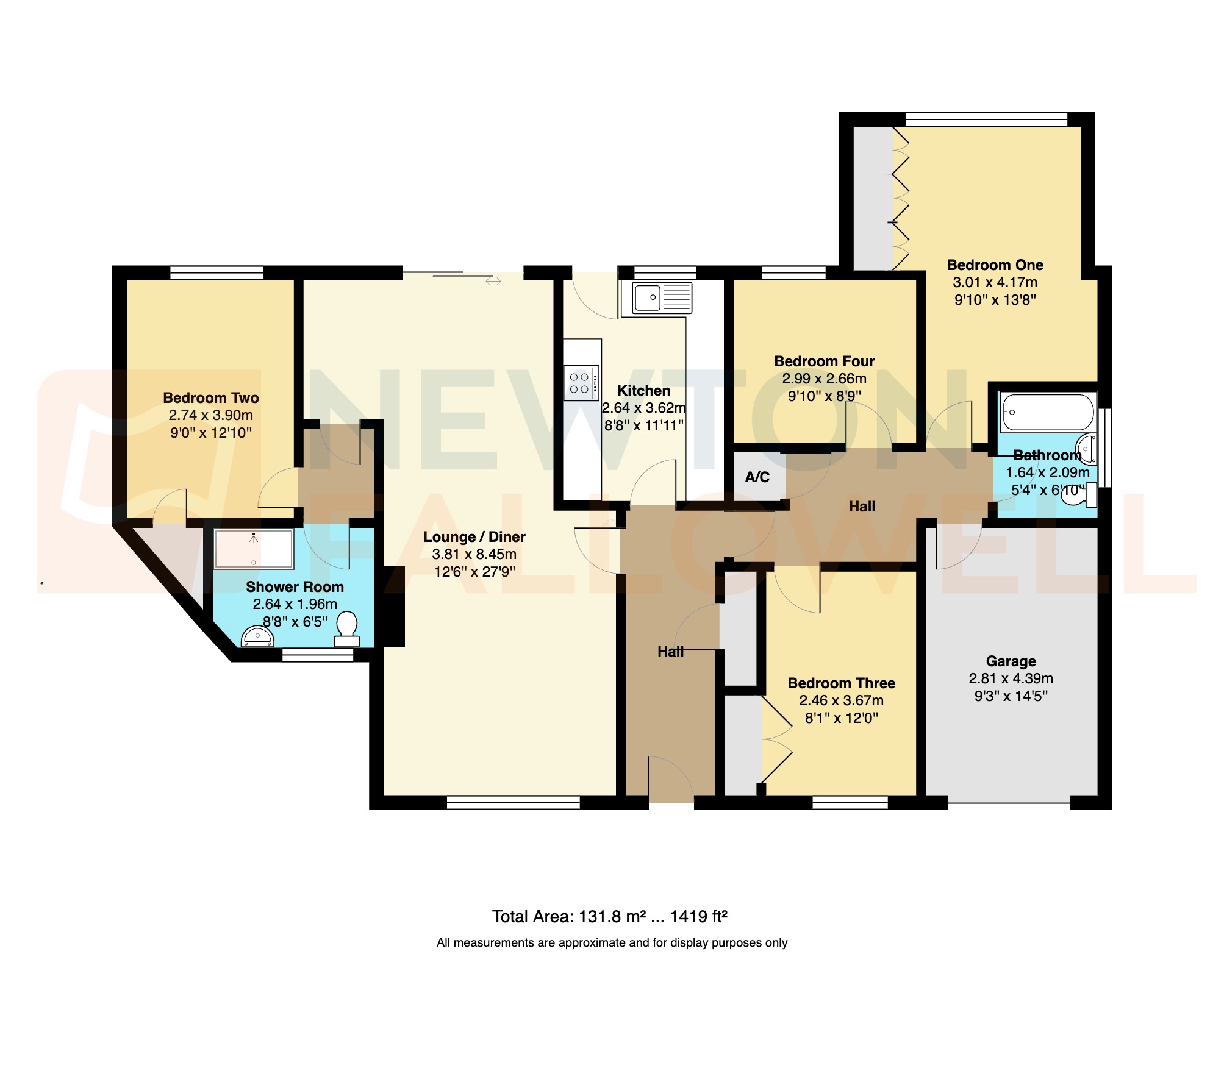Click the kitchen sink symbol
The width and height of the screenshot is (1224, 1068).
pos(662,298)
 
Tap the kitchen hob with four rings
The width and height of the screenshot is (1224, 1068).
pos(581,383)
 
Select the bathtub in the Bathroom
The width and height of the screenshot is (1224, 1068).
pos(1047,413)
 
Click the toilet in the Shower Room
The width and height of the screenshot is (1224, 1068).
pos(346,630)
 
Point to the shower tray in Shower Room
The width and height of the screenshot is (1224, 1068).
pos(254,549)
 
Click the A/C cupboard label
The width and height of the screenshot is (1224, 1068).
pos(757,477)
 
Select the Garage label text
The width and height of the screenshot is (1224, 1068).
pos(1011,661)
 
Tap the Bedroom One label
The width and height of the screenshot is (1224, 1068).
pos(995,265)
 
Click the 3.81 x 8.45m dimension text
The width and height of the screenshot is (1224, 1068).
pos(474,554)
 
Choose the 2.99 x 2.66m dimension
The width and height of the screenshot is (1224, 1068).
pos(824,379)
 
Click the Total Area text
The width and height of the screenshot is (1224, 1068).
pos(610,917)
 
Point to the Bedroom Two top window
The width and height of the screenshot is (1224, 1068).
pos(217,272)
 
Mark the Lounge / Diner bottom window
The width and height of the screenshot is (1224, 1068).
pos(513,803)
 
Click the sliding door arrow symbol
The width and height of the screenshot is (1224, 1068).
pos(493,281)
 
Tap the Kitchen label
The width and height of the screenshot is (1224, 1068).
pos(643,391)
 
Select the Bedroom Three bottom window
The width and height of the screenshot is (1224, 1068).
pos(850,803)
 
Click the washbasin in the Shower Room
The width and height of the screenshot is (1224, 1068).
pos(258,637)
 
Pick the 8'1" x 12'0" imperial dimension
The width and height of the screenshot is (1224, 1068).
pos(841,718)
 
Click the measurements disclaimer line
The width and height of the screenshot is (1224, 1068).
pos(612,943)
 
